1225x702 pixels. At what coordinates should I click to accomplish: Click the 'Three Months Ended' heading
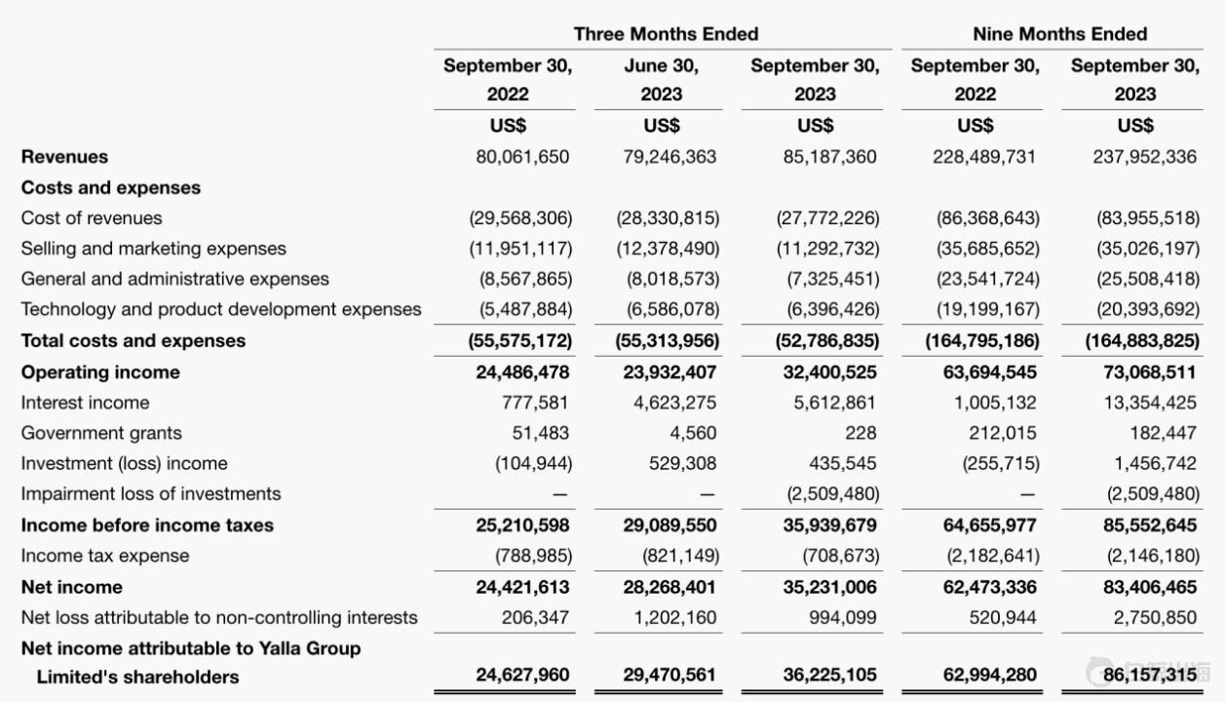click(666, 34)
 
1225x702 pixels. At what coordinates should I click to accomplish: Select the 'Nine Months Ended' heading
click(1059, 34)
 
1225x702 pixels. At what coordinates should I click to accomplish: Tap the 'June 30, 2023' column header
click(661, 81)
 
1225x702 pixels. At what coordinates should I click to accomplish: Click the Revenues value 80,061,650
click(521, 157)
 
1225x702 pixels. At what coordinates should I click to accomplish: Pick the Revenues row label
click(64, 157)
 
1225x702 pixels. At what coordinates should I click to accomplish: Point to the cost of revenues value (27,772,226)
click(827, 218)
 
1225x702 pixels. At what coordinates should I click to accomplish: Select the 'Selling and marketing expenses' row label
click(154, 249)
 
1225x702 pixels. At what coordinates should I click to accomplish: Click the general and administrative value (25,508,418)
click(1148, 279)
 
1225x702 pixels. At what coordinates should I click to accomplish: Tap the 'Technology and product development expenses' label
click(221, 309)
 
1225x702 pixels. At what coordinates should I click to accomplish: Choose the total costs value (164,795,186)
click(980, 341)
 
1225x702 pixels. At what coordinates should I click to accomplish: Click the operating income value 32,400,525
click(828, 372)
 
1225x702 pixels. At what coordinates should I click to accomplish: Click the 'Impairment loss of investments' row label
click(151, 493)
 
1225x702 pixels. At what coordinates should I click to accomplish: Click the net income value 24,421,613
click(522, 587)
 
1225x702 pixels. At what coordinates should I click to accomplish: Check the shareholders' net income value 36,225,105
click(828, 675)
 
